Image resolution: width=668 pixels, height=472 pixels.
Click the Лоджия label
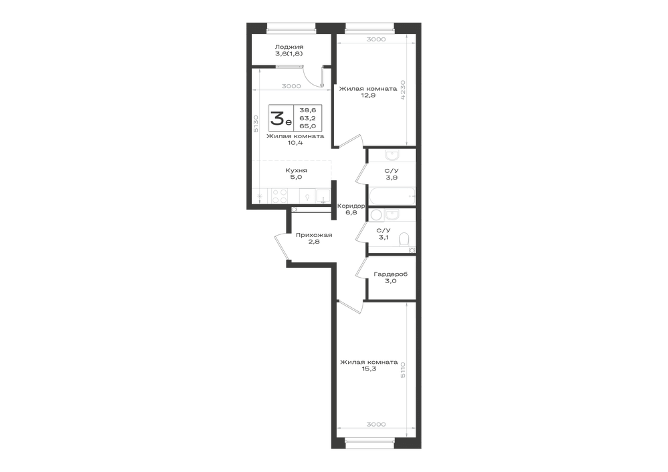(x=289, y=47)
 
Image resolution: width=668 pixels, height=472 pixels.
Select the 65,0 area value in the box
(x=307, y=126)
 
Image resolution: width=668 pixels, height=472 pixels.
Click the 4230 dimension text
(x=403, y=90)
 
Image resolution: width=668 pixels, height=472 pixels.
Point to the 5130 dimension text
(x=256, y=124)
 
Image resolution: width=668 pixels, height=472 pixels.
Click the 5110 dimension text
(x=403, y=372)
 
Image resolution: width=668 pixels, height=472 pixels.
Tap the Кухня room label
(x=296, y=170)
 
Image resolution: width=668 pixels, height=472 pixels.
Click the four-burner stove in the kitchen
(x=279, y=196)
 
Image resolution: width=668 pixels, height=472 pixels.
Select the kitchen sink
(x=323, y=196)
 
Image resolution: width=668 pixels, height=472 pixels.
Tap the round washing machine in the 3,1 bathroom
(x=376, y=214)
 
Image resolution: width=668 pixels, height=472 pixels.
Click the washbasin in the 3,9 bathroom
(x=391, y=154)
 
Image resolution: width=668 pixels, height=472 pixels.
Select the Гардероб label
(x=391, y=274)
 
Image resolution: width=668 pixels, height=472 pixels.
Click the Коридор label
(x=351, y=206)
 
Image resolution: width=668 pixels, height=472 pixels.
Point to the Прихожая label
(x=314, y=234)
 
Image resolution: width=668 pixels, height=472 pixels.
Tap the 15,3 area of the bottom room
(x=369, y=369)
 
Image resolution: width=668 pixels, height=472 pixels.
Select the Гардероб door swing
(x=361, y=268)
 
